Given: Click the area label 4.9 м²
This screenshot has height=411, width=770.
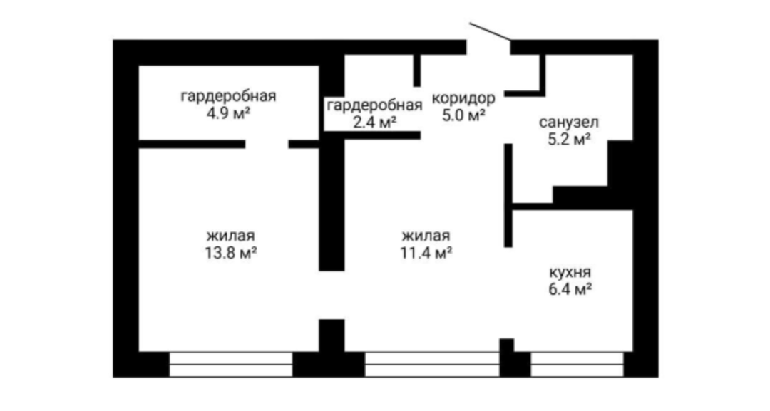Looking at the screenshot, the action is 228,113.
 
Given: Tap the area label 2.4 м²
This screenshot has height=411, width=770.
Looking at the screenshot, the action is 375,122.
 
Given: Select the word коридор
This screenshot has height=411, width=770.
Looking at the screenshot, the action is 463,98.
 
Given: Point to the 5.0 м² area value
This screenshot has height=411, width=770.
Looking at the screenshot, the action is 463,115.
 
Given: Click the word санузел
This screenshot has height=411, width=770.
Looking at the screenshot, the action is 569,122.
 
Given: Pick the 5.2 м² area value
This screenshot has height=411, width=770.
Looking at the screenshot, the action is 569,140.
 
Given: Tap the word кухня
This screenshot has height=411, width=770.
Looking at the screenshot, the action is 570,271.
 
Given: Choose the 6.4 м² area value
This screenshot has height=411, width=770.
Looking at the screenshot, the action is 570,289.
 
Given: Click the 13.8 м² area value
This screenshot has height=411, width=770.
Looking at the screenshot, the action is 231,253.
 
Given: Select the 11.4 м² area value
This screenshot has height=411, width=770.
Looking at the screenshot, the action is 426,253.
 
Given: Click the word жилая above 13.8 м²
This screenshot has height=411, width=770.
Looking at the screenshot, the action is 231,236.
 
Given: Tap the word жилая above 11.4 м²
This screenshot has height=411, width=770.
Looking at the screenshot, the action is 426,236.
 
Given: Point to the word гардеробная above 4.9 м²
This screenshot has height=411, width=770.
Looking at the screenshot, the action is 228,95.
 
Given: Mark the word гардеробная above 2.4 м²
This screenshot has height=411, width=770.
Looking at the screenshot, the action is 375,105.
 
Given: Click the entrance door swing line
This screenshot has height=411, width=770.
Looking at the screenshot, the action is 490,31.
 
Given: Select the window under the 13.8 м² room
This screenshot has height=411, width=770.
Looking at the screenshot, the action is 231,365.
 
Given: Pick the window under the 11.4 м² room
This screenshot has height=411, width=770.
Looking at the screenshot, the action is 432,365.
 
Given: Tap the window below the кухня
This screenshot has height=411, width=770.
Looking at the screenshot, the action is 577,365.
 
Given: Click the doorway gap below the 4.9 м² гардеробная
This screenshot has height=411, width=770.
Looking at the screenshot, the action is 267,144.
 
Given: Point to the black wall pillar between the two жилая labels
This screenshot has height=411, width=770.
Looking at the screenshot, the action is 332,206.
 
